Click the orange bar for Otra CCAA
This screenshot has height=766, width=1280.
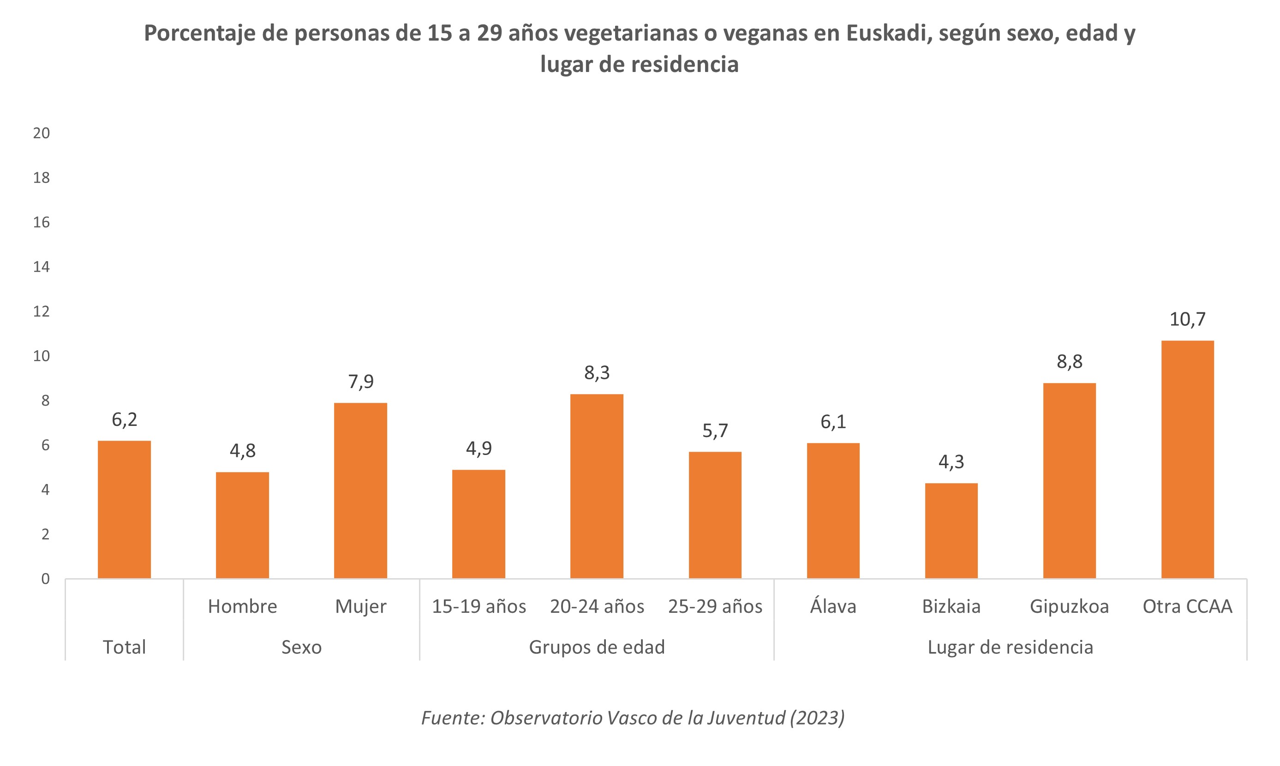pyautogui.click(x=1187, y=460)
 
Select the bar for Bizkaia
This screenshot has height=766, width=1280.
pyautogui.click(x=951, y=531)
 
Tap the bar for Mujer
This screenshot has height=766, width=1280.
pyautogui.click(x=360, y=491)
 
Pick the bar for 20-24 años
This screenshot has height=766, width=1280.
pyautogui.click(x=597, y=486)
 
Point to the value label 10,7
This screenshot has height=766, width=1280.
pyautogui.click(x=1187, y=319)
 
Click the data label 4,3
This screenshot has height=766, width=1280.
pyautogui.click(x=951, y=462)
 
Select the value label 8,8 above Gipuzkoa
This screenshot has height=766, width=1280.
pyautogui.click(x=1069, y=362)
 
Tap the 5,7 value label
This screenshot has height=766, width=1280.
pyautogui.click(x=715, y=431)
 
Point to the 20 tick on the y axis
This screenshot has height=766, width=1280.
pyautogui.click(x=41, y=133)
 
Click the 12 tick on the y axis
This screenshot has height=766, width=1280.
pyautogui.click(x=41, y=311)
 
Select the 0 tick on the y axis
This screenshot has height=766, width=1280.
pyautogui.click(x=45, y=579)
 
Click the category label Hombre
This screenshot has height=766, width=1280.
pyautogui.click(x=242, y=606)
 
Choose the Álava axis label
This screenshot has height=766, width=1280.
pyautogui.click(x=832, y=606)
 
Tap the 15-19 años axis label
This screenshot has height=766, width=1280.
pyautogui.click(x=479, y=606)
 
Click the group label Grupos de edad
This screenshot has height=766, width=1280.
pyautogui.click(x=597, y=647)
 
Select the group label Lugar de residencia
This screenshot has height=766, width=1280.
pyautogui.click(x=1010, y=647)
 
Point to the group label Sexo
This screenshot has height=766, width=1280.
pyautogui.click(x=301, y=647)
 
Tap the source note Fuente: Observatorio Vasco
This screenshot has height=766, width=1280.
pyautogui.click(x=633, y=718)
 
